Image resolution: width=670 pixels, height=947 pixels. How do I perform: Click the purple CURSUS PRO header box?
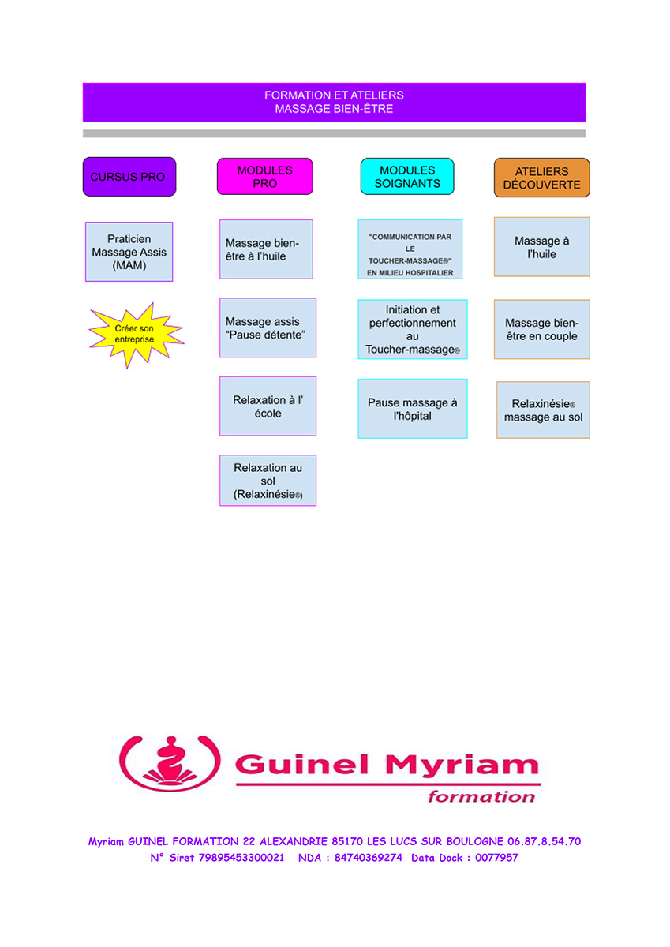pyautogui.click(x=129, y=177)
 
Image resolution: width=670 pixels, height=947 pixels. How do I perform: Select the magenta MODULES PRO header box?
pyautogui.click(x=265, y=176)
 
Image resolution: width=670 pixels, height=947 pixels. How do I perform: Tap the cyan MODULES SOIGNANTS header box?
pyautogui.click(x=407, y=176)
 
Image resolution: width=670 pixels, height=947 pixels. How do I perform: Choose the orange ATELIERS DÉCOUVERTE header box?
pyautogui.click(x=542, y=178)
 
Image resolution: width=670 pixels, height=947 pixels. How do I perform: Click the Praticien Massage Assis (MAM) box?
pyautogui.click(x=129, y=252)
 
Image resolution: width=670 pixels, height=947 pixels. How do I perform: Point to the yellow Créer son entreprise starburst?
pyautogui.click(x=135, y=334)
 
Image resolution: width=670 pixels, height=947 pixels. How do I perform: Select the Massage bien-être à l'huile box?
pyautogui.click(x=266, y=249)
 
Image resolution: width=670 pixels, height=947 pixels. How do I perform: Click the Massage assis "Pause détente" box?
pyautogui.click(x=268, y=328)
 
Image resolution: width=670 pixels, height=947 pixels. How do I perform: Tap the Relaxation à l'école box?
pyautogui.click(x=268, y=406)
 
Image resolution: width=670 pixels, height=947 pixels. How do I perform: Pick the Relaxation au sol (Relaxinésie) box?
pyautogui.click(x=268, y=481)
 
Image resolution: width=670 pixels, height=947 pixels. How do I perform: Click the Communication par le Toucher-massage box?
pyautogui.click(x=410, y=249)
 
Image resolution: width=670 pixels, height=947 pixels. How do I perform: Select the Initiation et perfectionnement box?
pyautogui.click(x=413, y=329)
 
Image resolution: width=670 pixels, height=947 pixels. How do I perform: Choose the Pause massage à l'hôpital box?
pyautogui.click(x=413, y=409)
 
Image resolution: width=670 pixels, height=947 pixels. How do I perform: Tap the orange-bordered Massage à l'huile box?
pyautogui.click(x=542, y=247)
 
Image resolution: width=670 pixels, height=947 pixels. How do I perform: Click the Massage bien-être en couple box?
pyautogui.click(x=542, y=329)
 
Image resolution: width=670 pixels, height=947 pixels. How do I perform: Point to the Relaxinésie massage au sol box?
pyautogui.click(x=543, y=410)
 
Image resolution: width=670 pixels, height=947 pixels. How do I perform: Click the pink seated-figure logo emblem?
pyautogui.click(x=170, y=764)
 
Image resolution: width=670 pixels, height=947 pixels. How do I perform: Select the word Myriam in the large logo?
pyautogui.click(x=462, y=766)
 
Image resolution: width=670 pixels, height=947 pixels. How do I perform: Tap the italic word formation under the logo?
pyautogui.click(x=481, y=796)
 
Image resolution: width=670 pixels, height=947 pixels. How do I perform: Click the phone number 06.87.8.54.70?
pyautogui.click(x=544, y=841)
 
